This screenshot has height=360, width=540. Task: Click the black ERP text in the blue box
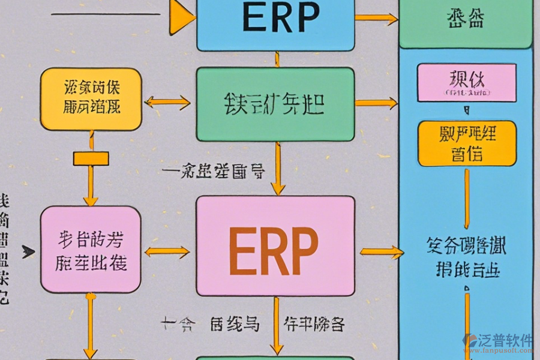coord(280,19)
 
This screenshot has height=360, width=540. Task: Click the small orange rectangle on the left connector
coord(91,158)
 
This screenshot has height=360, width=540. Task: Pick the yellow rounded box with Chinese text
coord(91,99)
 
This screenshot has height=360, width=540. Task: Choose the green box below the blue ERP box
coord(275,104)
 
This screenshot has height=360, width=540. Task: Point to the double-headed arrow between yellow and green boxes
coord(167,102)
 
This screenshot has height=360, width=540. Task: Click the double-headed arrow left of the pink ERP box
coord(167,251)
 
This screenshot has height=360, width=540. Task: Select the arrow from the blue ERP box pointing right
coord(376,19)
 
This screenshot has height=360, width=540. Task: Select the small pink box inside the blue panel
coord(466,82)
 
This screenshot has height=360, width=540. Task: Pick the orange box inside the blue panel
coord(466,143)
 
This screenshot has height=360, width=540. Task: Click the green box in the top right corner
coord(466,21)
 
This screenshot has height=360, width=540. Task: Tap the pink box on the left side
coord(91,250)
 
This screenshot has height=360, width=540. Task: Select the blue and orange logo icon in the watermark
coord(470,341)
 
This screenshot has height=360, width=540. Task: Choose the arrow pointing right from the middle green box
coord(376,103)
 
